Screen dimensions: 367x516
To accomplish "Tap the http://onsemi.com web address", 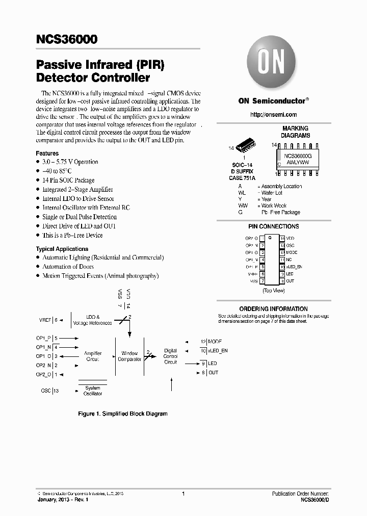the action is point(273,115).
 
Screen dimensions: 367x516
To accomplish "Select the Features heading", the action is point(47,153).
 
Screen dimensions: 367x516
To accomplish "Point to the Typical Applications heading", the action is point(62,249).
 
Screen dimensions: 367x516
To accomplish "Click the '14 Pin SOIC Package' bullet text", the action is point(68,180).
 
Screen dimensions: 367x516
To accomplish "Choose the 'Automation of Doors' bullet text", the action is point(68,267).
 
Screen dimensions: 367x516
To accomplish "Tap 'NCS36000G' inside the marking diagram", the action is point(299,156).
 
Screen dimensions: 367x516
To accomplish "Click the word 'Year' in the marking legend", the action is point(267,199).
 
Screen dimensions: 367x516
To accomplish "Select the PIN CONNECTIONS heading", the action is point(273,226).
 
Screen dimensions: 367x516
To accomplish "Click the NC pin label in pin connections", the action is point(289,260).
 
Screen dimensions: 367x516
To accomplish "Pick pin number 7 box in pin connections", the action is point(263,281).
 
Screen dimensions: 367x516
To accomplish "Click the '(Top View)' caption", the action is point(273,290).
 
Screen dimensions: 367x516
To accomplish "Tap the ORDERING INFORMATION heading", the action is point(273,309).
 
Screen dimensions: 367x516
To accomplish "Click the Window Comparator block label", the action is point(129,356).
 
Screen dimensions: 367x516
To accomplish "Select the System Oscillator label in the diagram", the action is point(93,391).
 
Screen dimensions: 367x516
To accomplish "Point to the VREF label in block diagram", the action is point(45,320).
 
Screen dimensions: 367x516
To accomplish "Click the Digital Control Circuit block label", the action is point(170,356).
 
